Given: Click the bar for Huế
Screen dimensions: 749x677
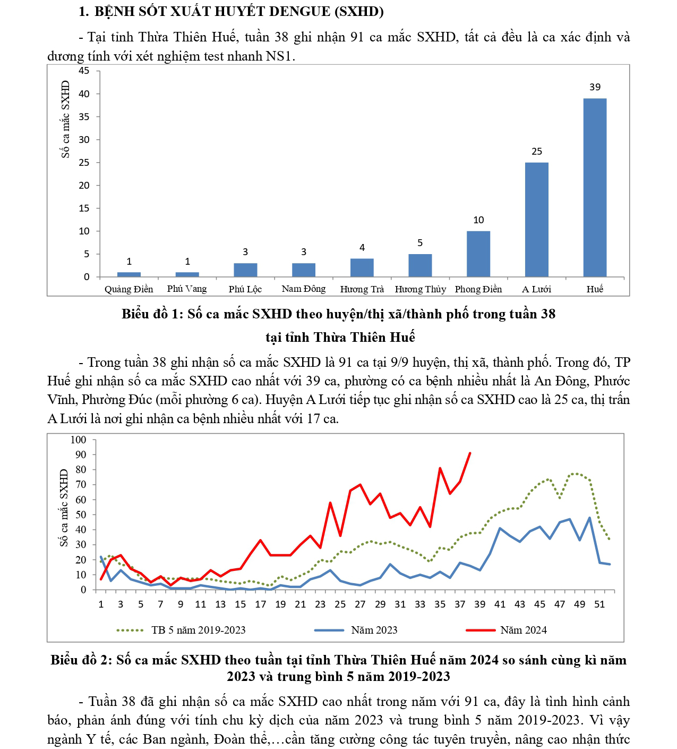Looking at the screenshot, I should point(595,187).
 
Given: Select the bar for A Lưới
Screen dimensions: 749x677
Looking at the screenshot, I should point(536,219).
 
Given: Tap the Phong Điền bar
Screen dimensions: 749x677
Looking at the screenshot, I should point(478,254).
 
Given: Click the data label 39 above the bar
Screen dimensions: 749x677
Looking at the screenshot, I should point(595,87).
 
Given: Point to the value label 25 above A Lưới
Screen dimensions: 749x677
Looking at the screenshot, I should point(537,152).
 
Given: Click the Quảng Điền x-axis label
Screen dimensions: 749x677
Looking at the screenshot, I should point(128,289).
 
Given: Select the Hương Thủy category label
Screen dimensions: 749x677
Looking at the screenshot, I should point(420,289).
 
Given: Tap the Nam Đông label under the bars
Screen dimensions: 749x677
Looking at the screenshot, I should point(303,289).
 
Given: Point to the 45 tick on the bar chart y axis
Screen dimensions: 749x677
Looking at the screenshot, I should point(84,71).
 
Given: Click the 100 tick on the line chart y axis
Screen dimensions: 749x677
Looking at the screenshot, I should point(78,440).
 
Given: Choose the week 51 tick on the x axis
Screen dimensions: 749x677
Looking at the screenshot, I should point(599,604).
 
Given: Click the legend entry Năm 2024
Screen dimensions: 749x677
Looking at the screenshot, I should point(523,630).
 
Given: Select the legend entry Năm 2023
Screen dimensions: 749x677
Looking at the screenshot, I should point(374,630).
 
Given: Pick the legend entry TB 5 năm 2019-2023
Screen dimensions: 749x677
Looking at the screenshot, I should point(198,630).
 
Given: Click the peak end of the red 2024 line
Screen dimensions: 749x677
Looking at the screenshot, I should point(470,453).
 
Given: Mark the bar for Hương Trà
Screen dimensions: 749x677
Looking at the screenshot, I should point(362,267).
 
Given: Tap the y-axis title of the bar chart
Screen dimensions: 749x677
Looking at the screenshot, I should point(65,119).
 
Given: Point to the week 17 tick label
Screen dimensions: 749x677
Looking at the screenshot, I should point(260,604).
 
